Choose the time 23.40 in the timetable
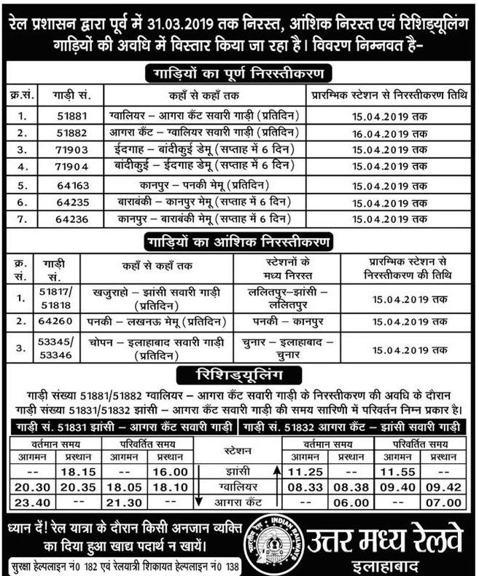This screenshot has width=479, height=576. click(27, 502)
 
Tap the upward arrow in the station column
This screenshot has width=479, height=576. click(277, 470)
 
